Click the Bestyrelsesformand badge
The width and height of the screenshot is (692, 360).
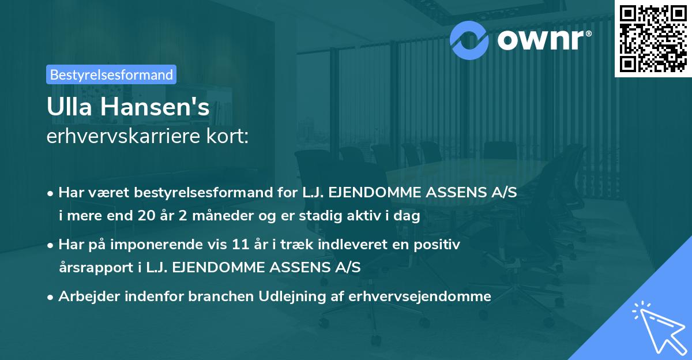point(111,74)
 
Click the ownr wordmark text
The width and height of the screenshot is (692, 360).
point(543,40)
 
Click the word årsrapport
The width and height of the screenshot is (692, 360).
point(92,267)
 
